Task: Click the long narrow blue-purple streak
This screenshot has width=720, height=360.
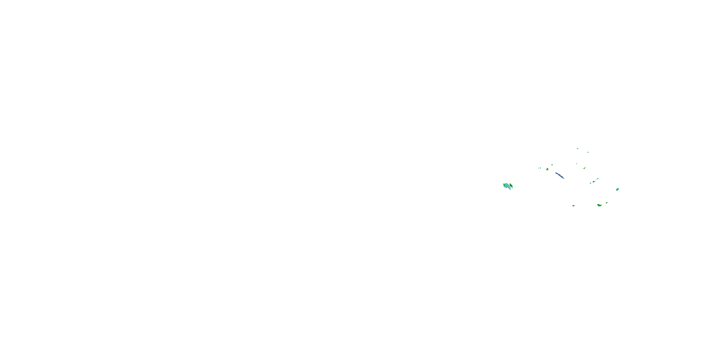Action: click(560, 175)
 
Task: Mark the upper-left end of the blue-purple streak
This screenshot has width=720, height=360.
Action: click(556, 173)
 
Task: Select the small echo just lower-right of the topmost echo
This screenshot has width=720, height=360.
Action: click(588, 152)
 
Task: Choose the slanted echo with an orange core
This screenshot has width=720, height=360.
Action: click(584, 168)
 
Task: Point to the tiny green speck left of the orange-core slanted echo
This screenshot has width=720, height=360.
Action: click(577, 164)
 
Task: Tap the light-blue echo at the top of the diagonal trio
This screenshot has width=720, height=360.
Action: click(598, 179)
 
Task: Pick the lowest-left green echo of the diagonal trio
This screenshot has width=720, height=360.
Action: click(591, 183)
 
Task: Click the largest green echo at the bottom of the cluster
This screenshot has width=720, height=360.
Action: click(599, 205)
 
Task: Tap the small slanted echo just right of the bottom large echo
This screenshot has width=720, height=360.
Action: click(606, 203)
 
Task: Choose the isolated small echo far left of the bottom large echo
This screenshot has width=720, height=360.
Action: click(573, 206)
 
